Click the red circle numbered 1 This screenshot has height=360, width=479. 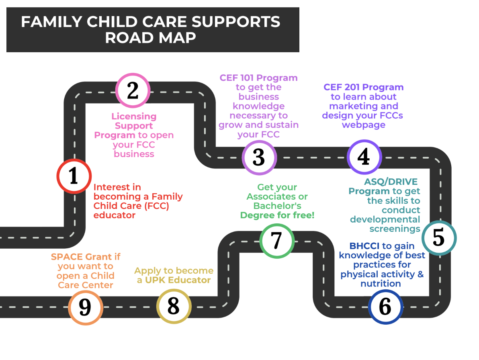click(x=74, y=176)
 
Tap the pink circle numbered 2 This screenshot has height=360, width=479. click(x=133, y=91)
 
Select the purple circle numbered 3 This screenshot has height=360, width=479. click(x=259, y=157)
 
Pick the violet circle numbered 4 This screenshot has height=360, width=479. click(x=364, y=157)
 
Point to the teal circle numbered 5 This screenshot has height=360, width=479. click(x=439, y=238)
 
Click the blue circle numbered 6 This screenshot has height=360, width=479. click(x=385, y=307)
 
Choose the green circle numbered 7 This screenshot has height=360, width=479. click(x=276, y=241)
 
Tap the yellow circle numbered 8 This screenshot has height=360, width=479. click(x=174, y=306)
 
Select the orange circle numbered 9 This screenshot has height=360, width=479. click(x=85, y=307)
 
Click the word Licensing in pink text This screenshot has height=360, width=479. click(x=134, y=117)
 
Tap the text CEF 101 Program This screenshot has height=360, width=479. click(x=258, y=78)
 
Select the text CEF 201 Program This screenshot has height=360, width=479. click(x=363, y=87)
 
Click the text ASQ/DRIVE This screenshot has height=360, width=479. click(x=391, y=182)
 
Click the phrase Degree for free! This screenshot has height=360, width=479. click(x=277, y=215)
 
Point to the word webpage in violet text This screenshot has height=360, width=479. click(x=363, y=125)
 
